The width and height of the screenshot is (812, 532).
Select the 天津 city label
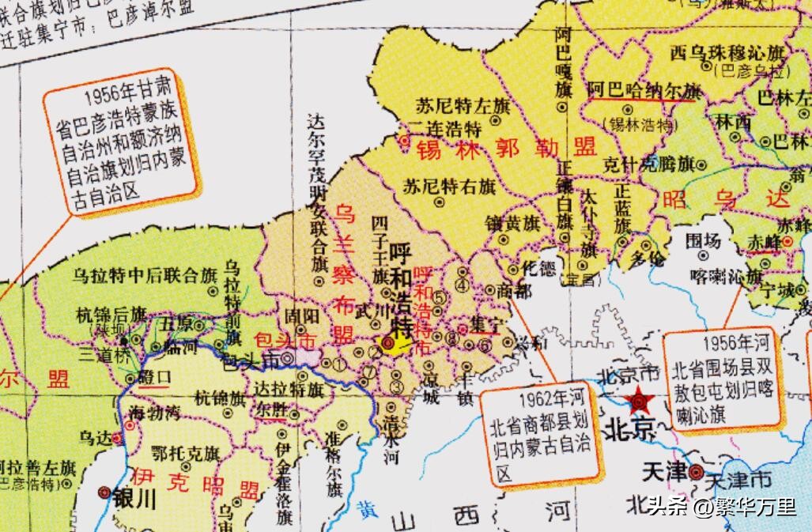tap(664, 473)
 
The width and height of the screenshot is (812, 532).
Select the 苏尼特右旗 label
tap(450, 188)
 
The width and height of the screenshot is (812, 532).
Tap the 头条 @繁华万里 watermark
tap(721, 507)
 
